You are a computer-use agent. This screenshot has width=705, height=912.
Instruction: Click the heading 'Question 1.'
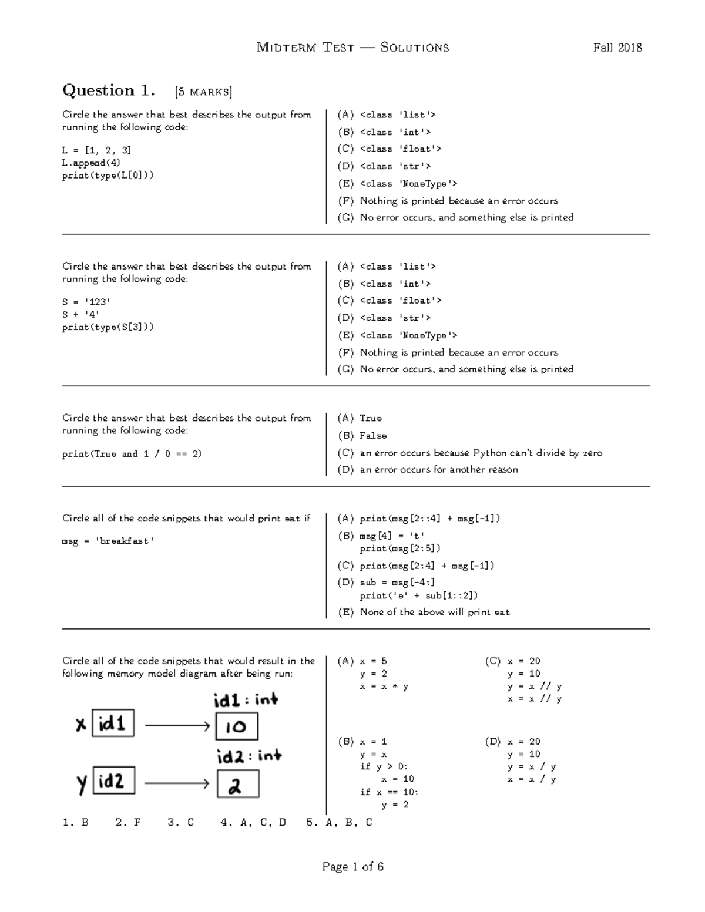tap(109, 90)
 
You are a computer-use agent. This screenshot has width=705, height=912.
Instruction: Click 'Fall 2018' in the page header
tap(617, 48)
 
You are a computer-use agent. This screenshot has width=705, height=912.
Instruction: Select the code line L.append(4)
tap(91, 163)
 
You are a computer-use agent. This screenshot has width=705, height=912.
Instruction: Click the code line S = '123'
tap(86, 302)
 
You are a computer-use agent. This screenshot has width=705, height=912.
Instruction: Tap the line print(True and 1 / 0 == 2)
tap(132, 454)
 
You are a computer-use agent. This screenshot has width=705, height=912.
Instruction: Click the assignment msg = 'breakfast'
tap(108, 541)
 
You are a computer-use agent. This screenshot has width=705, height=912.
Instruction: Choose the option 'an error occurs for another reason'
tap(438, 470)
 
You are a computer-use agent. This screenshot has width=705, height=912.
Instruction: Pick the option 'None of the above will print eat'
tap(434, 612)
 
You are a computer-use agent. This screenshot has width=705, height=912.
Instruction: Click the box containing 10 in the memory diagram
tap(237, 726)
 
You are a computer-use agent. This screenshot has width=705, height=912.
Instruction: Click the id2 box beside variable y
tap(114, 781)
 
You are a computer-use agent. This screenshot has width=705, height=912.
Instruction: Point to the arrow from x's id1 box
tap(177, 726)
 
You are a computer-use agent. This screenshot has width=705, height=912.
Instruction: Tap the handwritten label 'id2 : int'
tap(249, 756)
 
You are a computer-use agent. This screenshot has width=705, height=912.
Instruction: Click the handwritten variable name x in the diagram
tap(81, 725)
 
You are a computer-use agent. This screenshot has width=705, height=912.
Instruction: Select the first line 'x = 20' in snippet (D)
tap(524, 742)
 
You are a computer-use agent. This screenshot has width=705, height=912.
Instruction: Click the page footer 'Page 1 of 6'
tap(352, 867)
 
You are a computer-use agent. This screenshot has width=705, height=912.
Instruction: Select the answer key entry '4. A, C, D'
tap(253, 822)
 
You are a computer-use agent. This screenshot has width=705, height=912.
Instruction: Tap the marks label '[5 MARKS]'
tap(203, 92)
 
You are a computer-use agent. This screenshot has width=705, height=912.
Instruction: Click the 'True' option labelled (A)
tap(370, 418)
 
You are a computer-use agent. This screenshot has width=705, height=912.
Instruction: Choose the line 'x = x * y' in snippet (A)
tap(384, 686)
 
